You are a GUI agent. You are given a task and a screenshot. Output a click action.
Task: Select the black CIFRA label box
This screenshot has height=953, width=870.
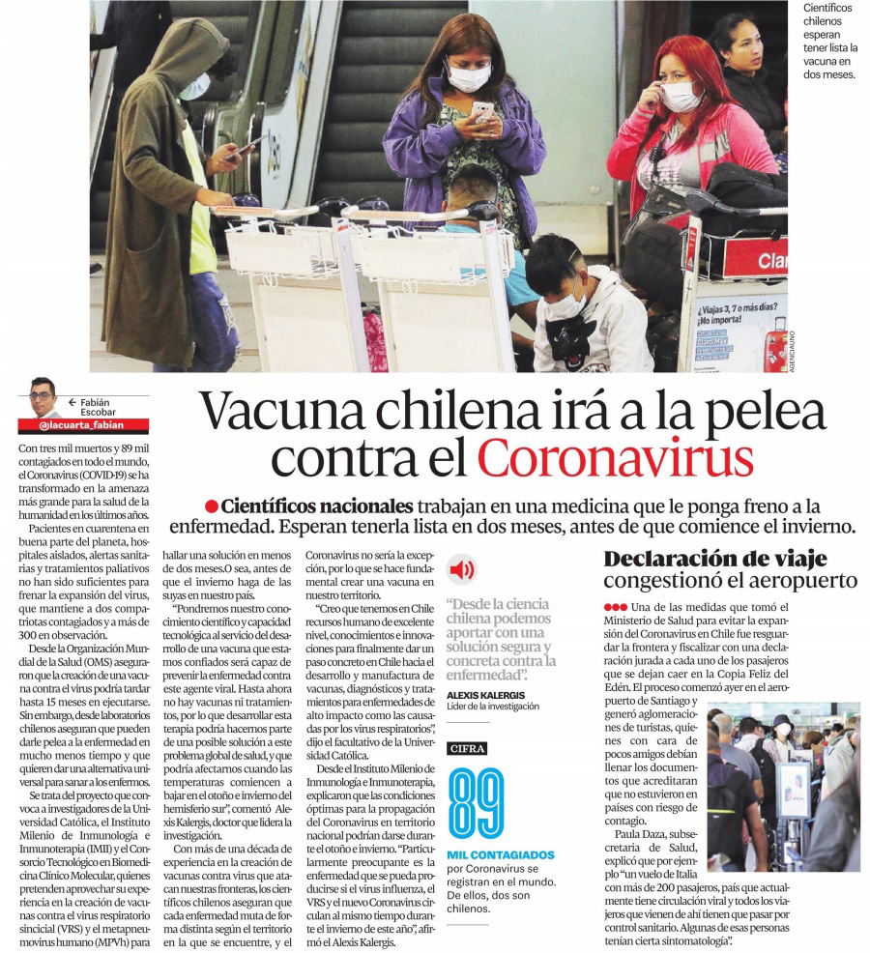point(468,748)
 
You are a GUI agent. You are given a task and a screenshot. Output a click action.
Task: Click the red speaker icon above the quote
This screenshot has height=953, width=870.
point(462,569)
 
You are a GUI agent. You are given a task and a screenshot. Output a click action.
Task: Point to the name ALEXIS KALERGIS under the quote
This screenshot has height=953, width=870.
point(486,695)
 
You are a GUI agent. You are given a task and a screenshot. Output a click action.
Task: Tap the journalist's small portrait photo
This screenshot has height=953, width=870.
point(43,397)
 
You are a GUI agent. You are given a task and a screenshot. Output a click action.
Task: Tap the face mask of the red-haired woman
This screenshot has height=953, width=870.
point(681,97)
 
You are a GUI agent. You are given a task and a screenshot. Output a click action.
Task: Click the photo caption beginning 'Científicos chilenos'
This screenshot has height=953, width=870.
point(830,41)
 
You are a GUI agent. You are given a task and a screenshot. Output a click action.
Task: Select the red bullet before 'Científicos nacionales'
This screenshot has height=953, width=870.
point(211,506)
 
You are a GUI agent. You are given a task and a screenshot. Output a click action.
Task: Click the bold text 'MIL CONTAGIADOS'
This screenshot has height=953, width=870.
point(501,854)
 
